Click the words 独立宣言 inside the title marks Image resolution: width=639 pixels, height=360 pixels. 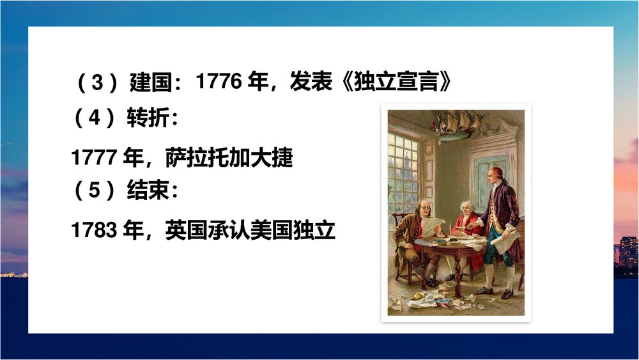[x=402, y=82]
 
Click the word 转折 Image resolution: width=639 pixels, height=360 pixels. [x=149, y=119]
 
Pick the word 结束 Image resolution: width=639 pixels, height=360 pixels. [x=149, y=192]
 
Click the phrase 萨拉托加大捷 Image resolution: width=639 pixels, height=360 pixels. [x=229, y=157]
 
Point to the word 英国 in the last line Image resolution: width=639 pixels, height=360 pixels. [x=186, y=230]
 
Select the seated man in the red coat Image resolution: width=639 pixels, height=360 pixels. [x=466, y=221]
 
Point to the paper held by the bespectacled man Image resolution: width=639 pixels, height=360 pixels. [x=433, y=225]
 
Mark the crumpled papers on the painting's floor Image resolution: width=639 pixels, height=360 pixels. [x=441, y=297]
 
